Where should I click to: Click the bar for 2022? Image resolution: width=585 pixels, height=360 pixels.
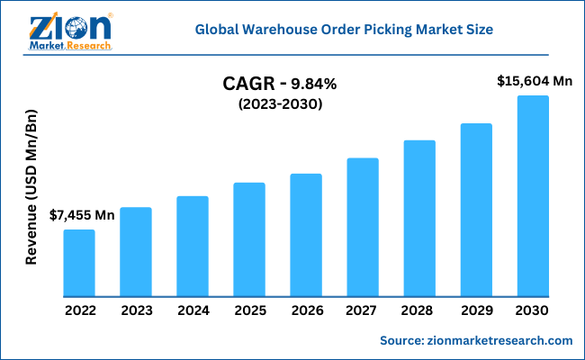(79, 263)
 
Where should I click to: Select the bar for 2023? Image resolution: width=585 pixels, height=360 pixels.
(136, 252)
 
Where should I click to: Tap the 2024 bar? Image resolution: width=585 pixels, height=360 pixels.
(193, 247)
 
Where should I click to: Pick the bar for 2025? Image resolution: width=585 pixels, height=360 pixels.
(249, 239)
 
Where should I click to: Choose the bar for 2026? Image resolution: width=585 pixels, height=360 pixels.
(306, 235)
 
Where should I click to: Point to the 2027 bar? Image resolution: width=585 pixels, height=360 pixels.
(363, 227)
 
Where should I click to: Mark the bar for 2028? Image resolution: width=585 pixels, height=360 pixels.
(419, 218)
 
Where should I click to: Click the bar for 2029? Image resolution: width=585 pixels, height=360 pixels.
(476, 210)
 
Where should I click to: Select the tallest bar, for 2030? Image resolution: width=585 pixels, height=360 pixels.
(533, 196)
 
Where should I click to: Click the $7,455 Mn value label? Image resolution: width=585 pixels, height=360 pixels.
(82, 215)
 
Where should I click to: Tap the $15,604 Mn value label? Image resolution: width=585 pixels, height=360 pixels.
(535, 81)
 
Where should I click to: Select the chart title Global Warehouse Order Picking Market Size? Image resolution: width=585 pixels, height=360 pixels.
(356, 30)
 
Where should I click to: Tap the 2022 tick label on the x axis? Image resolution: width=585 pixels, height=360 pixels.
(79, 310)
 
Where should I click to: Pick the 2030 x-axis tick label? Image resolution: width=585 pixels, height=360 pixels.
(533, 310)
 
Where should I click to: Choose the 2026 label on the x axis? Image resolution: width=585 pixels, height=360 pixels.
(306, 310)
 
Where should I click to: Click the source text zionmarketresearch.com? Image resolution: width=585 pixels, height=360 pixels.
(476, 340)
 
